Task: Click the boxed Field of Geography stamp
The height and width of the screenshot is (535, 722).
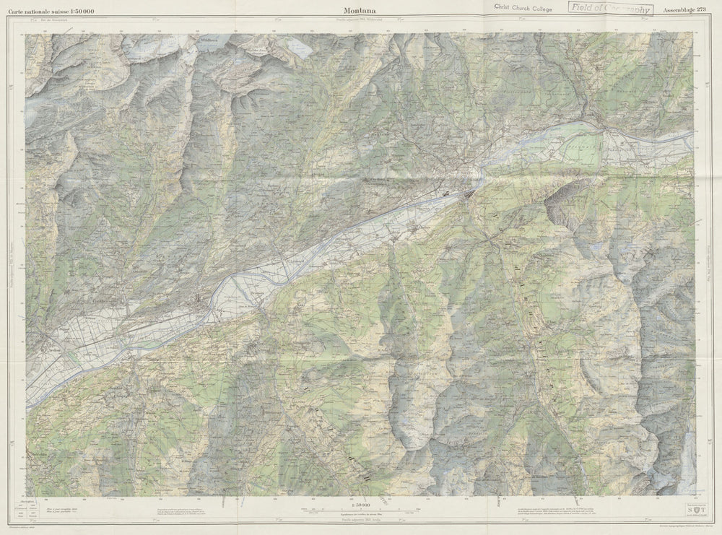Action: tap(610, 9)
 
